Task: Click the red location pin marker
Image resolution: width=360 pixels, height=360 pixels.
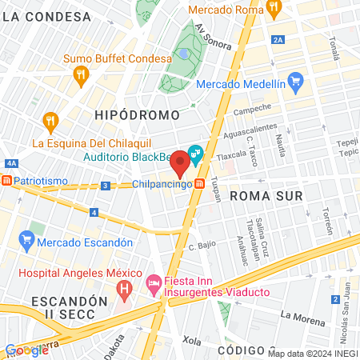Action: [x=181, y=163]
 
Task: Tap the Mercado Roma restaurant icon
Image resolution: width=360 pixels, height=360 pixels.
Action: [x=274, y=10]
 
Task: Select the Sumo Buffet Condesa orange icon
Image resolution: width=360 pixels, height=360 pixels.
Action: [x=80, y=75]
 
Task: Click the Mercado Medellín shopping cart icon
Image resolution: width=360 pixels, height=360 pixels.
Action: [x=296, y=80]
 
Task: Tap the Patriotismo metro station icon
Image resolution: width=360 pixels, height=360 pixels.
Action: [x=7, y=182]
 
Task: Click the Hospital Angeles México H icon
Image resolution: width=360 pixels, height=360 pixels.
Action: [x=123, y=286]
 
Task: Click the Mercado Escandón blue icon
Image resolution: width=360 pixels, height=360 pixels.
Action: [x=27, y=238]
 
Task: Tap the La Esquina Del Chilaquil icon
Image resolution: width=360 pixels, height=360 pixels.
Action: [x=50, y=122]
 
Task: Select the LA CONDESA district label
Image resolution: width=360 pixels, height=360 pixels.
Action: [x=46, y=17]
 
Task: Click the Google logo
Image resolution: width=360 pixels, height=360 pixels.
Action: [x=26, y=350]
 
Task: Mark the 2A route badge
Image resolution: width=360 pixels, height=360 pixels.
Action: [x=278, y=38]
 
